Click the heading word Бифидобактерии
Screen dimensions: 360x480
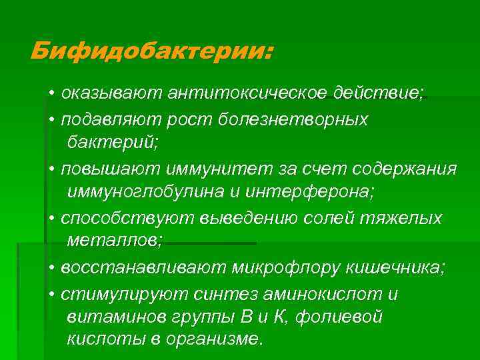[x=151, y=51]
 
